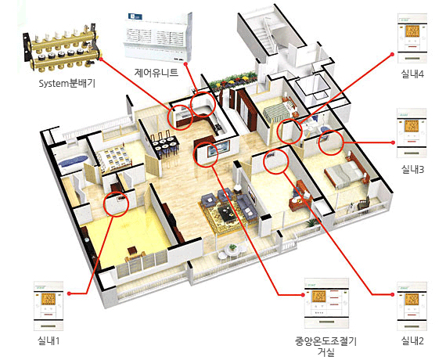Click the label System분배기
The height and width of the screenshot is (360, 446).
pos(67,84)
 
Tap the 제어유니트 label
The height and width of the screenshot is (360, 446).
pos(156,72)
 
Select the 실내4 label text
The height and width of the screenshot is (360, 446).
pos(412,74)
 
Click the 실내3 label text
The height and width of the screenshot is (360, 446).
pos(412,170)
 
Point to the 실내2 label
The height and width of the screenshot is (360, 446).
pos(412,340)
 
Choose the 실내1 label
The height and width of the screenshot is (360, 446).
pos(49,340)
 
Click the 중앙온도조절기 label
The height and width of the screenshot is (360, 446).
pos(326,341)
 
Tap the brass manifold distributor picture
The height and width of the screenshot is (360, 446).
pos(62,48)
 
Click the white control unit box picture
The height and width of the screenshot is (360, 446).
pos(157,37)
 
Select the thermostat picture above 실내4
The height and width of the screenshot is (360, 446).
pos(412,38)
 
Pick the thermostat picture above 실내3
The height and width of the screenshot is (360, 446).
pos(412,133)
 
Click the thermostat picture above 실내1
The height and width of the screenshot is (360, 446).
pos(49,306)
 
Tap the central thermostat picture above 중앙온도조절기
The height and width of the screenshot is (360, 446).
pos(326,303)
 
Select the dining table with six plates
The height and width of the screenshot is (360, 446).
pos(164,145)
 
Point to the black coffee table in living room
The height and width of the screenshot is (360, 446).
pos(226,212)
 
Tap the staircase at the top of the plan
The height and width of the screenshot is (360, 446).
pos(263,35)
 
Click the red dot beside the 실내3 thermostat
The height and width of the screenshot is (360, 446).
pos(393,142)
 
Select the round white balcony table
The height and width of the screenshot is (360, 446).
pos(232,250)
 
